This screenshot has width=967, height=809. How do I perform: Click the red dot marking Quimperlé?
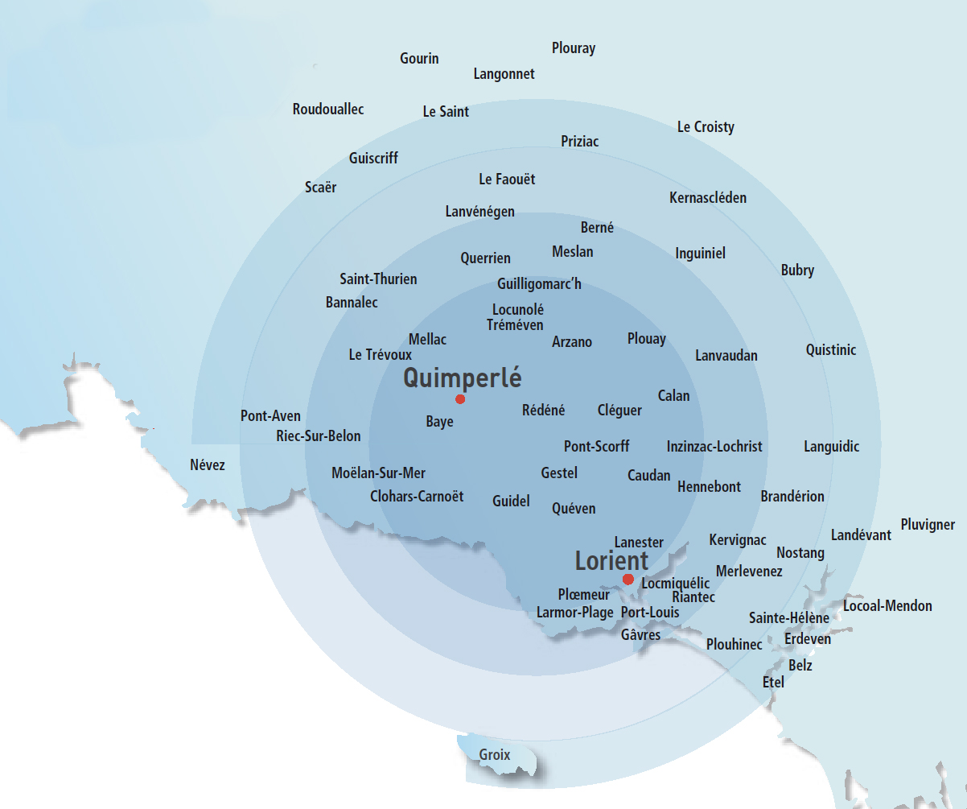click(460, 399)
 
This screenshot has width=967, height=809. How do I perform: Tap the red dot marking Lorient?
click(628, 580)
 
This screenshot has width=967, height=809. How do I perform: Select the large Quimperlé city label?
click(463, 378)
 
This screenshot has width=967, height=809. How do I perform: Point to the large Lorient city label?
click(611, 560)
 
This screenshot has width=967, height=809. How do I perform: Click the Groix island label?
click(495, 755)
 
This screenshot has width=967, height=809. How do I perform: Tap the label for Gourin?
click(419, 59)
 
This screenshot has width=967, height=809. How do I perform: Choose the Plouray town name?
click(574, 48)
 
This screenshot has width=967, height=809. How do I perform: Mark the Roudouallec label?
click(328, 109)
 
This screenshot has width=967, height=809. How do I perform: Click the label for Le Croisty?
click(706, 127)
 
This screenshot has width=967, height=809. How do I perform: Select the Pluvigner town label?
click(928, 525)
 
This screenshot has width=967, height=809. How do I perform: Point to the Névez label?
click(208, 465)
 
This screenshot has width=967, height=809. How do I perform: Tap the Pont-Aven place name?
click(270, 416)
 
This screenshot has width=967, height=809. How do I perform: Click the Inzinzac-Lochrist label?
click(714, 446)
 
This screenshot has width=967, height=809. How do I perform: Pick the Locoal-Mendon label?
click(887, 606)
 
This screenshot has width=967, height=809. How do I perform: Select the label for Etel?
click(773, 683)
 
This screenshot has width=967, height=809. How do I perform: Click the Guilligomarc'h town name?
click(539, 284)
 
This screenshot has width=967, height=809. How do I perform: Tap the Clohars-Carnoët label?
click(417, 497)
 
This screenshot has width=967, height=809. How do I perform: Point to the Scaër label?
click(321, 188)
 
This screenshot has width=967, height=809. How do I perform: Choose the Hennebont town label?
click(709, 487)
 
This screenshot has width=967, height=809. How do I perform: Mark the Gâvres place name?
click(640, 635)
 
